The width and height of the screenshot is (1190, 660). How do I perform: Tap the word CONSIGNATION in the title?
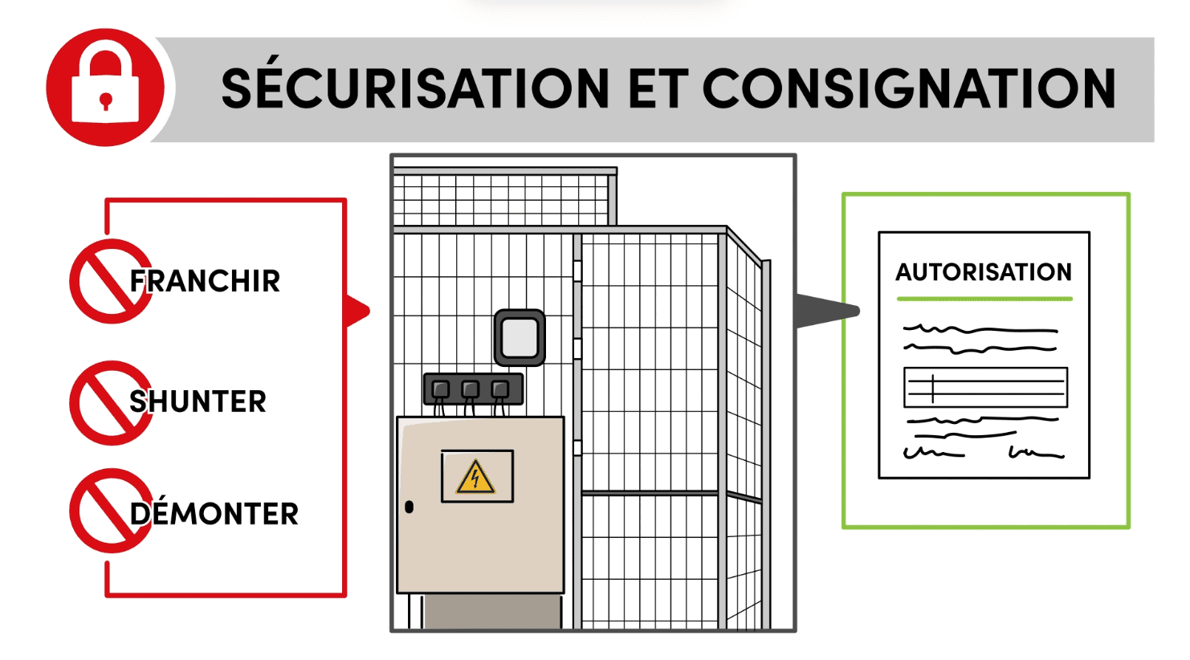tap(909, 88)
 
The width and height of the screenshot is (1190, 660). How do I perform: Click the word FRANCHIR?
tap(205, 282)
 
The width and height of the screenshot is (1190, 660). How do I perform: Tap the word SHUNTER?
tap(198, 401)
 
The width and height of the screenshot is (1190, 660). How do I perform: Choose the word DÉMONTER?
tap(214, 514)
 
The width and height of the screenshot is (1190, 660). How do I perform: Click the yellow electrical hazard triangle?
tap(476, 478)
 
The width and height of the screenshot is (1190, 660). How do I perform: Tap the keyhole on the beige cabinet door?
tap(410, 507)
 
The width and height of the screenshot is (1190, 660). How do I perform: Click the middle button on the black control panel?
tap(471, 389)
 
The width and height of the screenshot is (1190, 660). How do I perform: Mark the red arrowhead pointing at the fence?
tap(357, 311)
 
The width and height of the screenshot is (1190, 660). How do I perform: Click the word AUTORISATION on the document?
tap(984, 272)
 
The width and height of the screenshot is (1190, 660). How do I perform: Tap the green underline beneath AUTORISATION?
tap(984, 299)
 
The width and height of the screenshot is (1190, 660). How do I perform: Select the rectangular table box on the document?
tap(985, 388)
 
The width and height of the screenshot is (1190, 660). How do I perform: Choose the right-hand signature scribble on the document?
tap(1036, 454)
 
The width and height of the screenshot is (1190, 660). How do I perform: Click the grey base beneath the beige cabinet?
tap(491, 612)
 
